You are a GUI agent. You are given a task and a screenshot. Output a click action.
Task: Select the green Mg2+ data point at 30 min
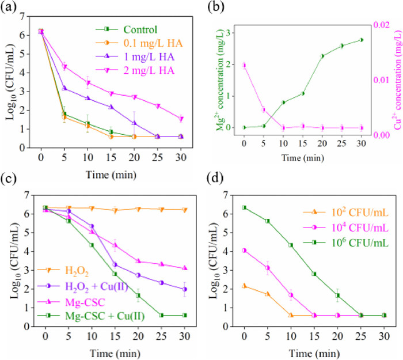coord(361,40)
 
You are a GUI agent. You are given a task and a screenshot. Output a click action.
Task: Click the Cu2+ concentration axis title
coord(397,77)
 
